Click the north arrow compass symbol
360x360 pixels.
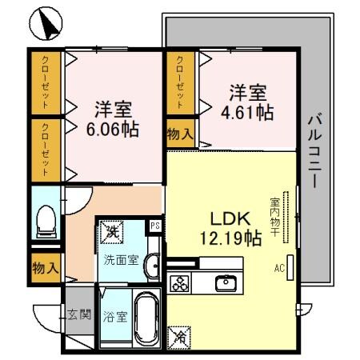[47, 24]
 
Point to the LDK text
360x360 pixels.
[230, 218]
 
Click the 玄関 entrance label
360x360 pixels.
[78, 314]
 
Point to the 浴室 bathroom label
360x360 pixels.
[114, 316]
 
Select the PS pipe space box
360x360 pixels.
[156, 226]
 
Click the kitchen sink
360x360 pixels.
[226, 282]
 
